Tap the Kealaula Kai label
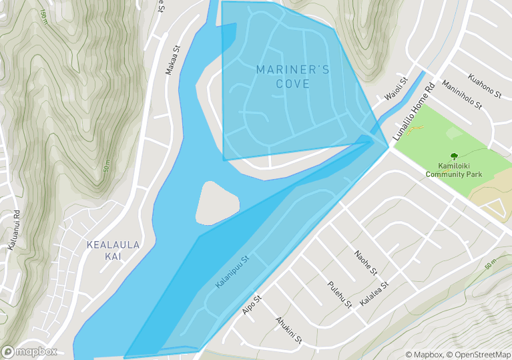[113, 250]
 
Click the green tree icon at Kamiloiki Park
[455, 155]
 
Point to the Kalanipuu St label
[232, 272]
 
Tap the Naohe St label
[367, 262]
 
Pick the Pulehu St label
[340, 295]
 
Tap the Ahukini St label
[289, 330]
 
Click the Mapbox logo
[29, 352]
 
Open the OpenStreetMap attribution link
[479, 355]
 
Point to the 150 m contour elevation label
[43, 15]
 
